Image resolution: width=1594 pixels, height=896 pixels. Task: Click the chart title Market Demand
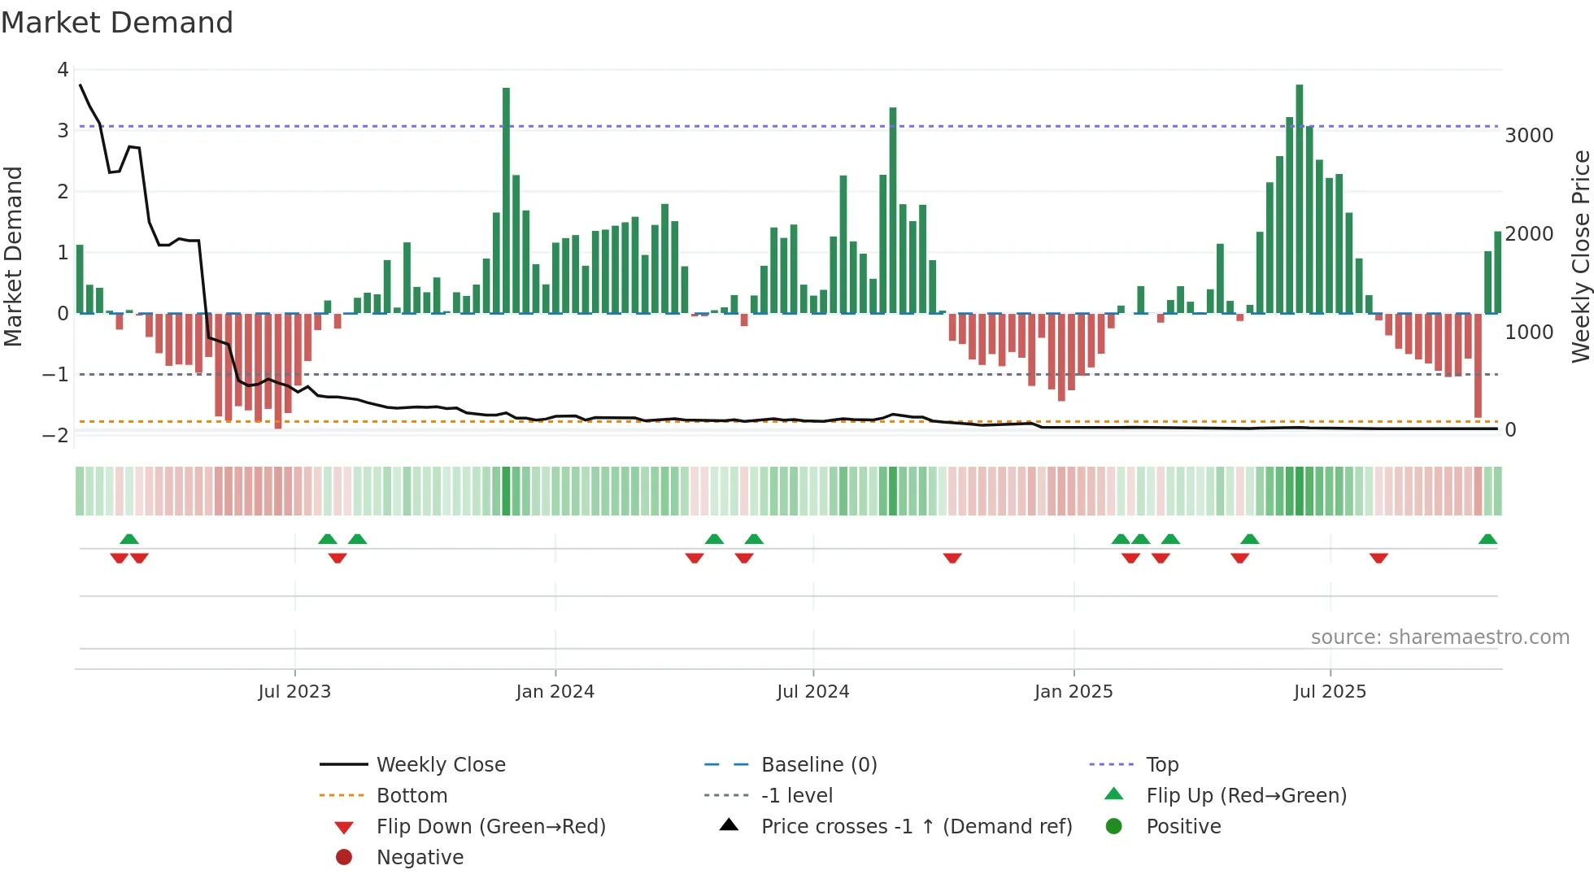(117, 23)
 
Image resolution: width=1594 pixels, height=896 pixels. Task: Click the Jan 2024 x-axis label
(555, 691)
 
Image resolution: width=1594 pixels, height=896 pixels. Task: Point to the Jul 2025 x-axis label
(1330, 691)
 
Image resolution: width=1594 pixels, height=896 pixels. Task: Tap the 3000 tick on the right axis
(1529, 135)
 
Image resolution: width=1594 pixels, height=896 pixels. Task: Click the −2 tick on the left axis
(55, 435)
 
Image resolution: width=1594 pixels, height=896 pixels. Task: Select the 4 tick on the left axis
(63, 69)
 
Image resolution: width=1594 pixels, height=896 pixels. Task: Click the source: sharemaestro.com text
(1439, 637)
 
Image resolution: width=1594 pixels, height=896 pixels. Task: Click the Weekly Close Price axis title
(1580, 256)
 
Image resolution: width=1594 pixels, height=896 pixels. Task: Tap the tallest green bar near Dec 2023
(506, 200)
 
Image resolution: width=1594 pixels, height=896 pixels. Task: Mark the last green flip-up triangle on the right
(1487, 539)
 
